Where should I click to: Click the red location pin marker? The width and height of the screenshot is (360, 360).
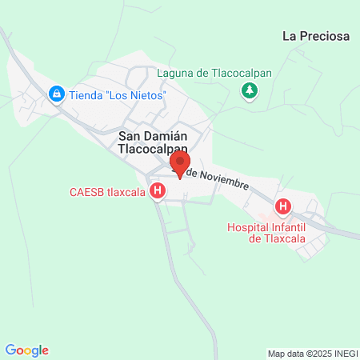click(x=180, y=166)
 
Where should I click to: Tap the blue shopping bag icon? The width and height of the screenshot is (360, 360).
click(x=56, y=94)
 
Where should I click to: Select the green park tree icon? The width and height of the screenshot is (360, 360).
click(x=250, y=90)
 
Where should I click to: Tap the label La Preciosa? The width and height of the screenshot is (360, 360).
click(x=316, y=35)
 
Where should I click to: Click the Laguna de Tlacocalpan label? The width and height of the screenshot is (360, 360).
click(x=214, y=73)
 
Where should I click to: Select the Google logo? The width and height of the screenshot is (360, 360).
click(x=27, y=350)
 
